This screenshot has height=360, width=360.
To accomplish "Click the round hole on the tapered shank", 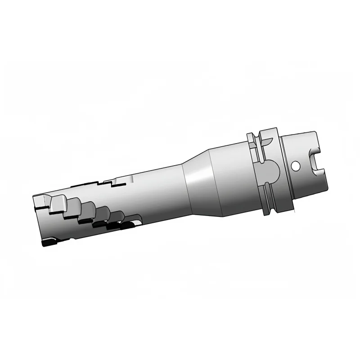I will (296, 166).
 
